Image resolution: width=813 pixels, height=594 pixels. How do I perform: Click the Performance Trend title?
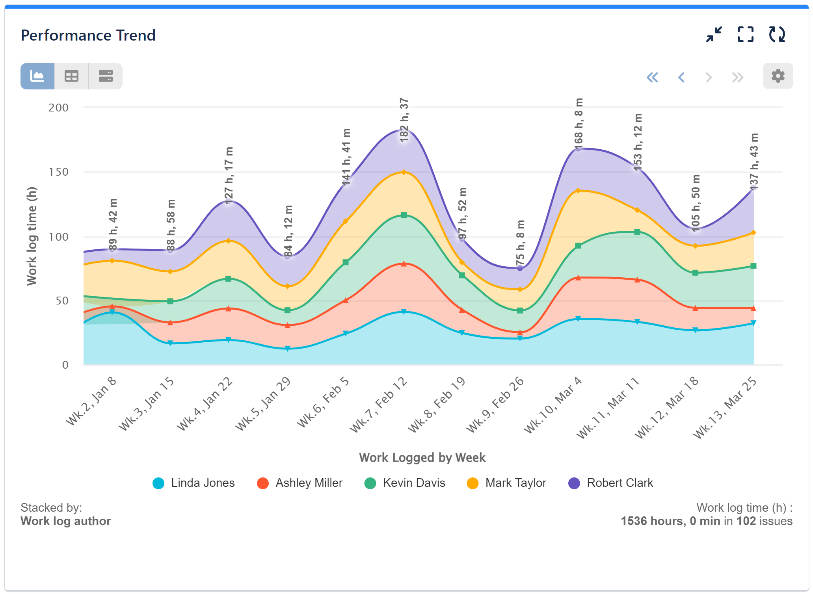click(x=88, y=35)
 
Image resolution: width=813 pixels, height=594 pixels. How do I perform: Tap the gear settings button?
click(x=778, y=76)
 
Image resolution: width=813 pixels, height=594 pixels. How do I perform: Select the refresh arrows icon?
click(x=777, y=35)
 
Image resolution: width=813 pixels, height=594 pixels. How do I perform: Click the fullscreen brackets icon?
click(x=745, y=35)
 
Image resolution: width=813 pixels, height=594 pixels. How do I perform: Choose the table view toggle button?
click(x=71, y=76)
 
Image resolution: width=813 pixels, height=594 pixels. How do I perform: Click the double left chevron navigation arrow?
click(x=652, y=77)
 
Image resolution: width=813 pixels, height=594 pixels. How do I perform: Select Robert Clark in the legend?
click(x=610, y=483)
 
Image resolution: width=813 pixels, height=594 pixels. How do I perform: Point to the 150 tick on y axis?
click(x=58, y=172)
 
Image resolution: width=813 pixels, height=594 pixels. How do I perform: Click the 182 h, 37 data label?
click(x=404, y=120)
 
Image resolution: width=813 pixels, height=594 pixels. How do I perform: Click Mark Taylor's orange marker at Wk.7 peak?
click(x=404, y=172)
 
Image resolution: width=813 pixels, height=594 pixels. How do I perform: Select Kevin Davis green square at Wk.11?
click(x=637, y=232)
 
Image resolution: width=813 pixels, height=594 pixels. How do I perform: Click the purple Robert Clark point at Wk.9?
click(x=520, y=268)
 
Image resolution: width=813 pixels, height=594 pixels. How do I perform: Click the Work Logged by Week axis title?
click(x=422, y=457)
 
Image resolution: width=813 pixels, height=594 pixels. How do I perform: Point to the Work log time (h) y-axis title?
click(x=32, y=236)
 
